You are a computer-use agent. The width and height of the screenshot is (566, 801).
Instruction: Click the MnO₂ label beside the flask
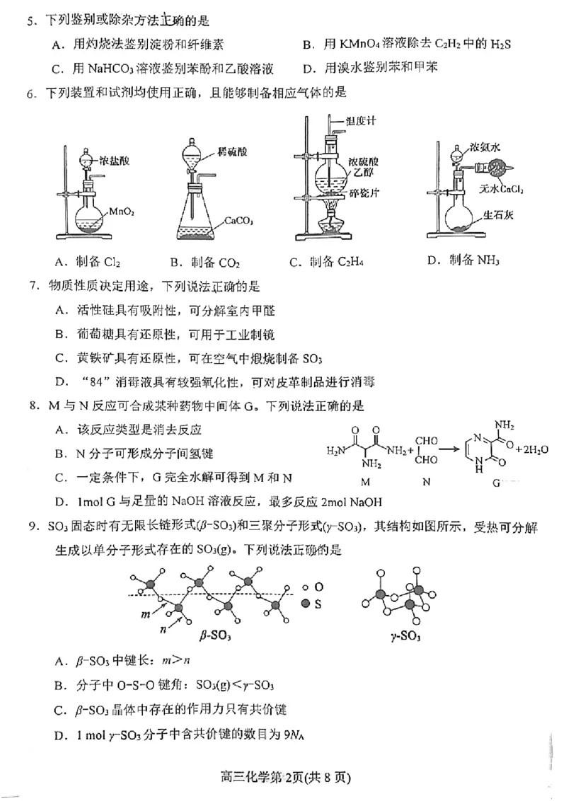[121, 211]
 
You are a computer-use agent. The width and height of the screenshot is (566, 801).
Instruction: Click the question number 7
[31, 287]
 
